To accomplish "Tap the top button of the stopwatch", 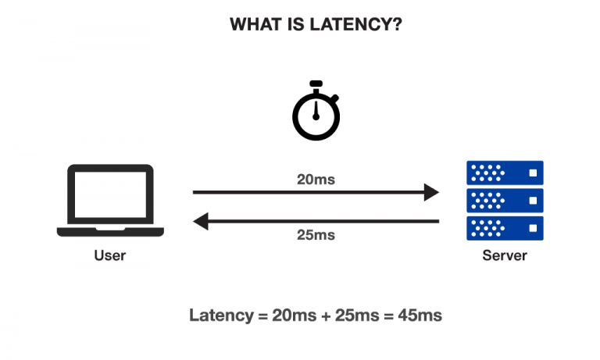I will pyautogui.click(x=316, y=83).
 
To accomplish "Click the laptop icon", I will pyautogui.click(x=110, y=200).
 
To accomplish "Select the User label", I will pyautogui.click(x=110, y=255).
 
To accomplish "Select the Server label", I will pyautogui.click(x=504, y=255).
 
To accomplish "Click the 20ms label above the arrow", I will pyautogui.click(x=316, y=180).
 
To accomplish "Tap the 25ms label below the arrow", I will pyautogui.click(x=316, y=234).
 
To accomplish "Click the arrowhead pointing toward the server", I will pyautogui.click(x=432, y=191).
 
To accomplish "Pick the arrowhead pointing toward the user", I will pyautogui.click(x=201, y=222).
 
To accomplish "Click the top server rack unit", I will pyautogui.click(x=504, y=172).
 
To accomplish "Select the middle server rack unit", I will pyautogui.click(x=504, y=200).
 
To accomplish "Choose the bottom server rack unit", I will pyautogui.click(x=504, y=227).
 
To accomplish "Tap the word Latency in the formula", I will pyautogui.click(x=220, y=315).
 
